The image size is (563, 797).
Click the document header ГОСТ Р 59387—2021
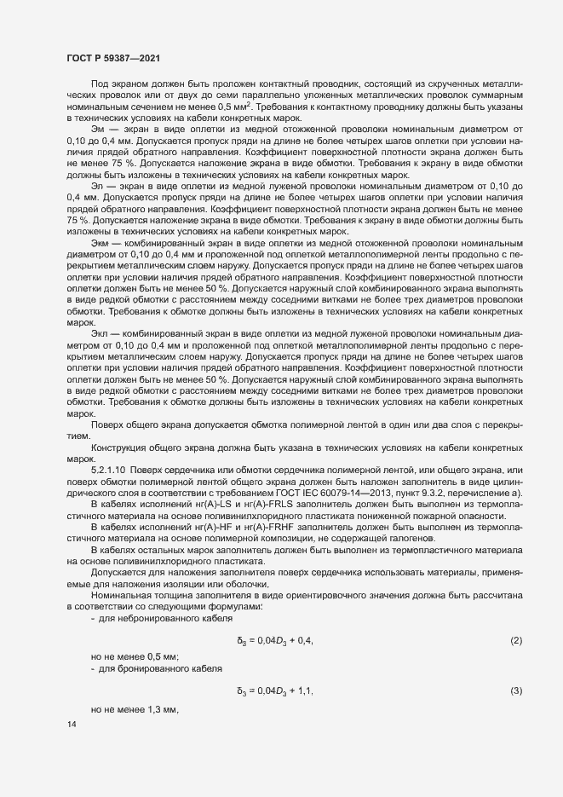click(112, 57)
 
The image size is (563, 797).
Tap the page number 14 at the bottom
click(71, 724)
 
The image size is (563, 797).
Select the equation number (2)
click(515, 640)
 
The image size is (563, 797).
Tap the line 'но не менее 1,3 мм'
click(135, 709)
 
